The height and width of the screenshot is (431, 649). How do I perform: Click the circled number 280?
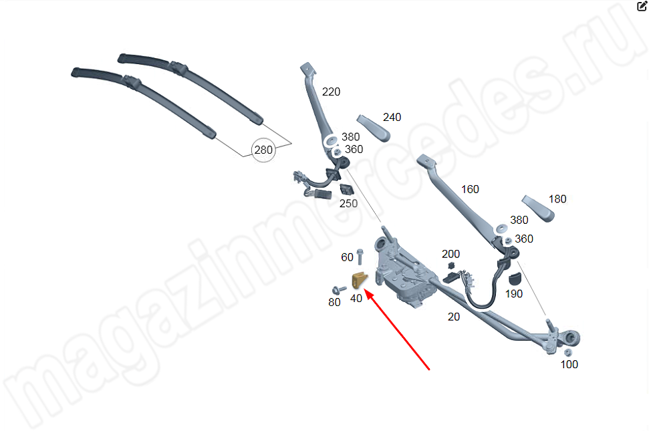coord(263,150)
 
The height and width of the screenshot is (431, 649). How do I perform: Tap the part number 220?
coord(331,92)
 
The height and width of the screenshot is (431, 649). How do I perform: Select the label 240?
coord(392,118)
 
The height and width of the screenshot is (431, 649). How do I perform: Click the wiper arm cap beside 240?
coord(374,128)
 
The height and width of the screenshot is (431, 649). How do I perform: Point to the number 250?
coord(348,204)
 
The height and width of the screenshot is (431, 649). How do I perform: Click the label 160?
coord(470,190)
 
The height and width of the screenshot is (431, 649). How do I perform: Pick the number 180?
coord(557,199)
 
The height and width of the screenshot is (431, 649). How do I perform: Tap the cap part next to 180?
coord(538,208)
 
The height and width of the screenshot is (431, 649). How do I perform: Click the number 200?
coord(450,254)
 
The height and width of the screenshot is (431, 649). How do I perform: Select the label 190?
coord(514,294)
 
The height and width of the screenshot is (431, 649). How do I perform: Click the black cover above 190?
coord(515,279)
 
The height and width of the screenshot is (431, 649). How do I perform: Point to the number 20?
coord(454,317)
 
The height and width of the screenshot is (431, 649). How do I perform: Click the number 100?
coord(569,364)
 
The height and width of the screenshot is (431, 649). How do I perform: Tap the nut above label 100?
coord(568,352)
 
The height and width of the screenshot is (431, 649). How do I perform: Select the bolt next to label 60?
coord(360,256)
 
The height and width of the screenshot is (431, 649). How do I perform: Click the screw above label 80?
coord(339,289)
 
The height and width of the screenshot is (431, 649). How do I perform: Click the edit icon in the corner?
coord(642,6)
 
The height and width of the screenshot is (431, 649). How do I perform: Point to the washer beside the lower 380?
coord(502,228)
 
